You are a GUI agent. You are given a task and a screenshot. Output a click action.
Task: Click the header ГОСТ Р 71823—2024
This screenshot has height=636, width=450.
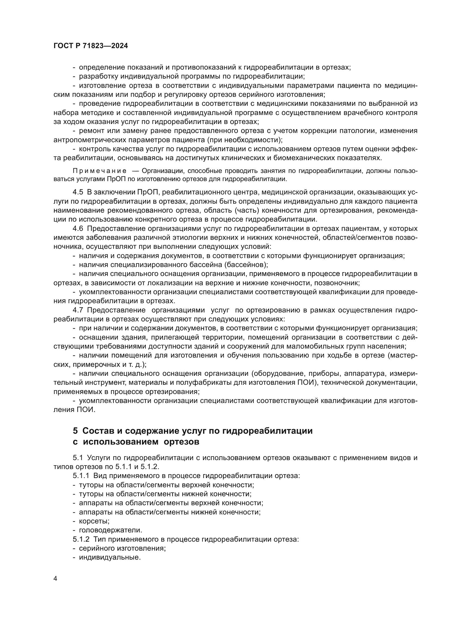click(91, 46)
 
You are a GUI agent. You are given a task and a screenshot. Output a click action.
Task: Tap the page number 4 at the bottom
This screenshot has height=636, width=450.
click(55, 579)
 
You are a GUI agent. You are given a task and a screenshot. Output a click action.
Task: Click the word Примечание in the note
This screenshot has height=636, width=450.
click(100, 171)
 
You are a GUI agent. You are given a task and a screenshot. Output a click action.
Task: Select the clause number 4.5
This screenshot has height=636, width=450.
click(78, 192)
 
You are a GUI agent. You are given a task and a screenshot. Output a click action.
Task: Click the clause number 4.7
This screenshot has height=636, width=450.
click(78, 310)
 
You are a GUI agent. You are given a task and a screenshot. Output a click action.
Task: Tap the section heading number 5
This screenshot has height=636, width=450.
click(75, 431)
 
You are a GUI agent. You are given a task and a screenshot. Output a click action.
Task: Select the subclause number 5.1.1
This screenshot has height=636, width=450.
click(81, 476)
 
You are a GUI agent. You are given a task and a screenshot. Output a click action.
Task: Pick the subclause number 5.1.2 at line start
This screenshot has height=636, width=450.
click(81, 539)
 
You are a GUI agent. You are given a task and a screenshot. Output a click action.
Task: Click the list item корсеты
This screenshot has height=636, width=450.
click(94, 521)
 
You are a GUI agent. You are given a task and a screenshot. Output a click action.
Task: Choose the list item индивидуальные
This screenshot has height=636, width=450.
click(110, 557)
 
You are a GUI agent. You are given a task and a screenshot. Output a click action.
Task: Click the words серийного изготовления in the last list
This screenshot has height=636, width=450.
click(122, 548)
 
